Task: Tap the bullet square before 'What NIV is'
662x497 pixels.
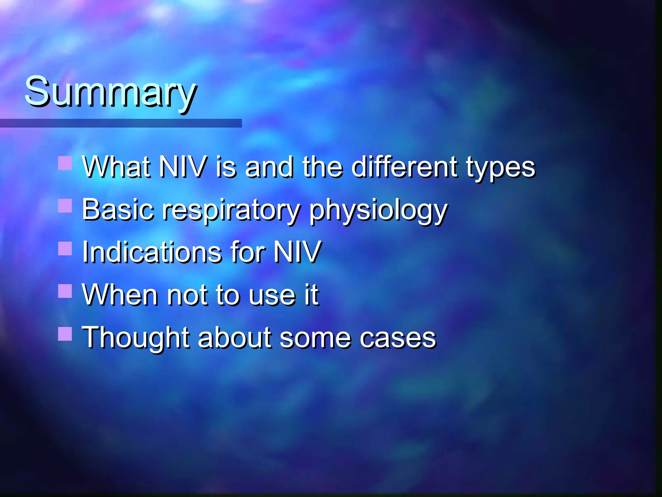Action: pos(65,163)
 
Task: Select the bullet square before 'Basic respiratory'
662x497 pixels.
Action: pos(65,205)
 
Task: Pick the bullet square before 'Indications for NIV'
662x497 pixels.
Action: pos(65,248)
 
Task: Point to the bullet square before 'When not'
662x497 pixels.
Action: pos(65,291)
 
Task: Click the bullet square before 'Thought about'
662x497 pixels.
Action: pos(65,334)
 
